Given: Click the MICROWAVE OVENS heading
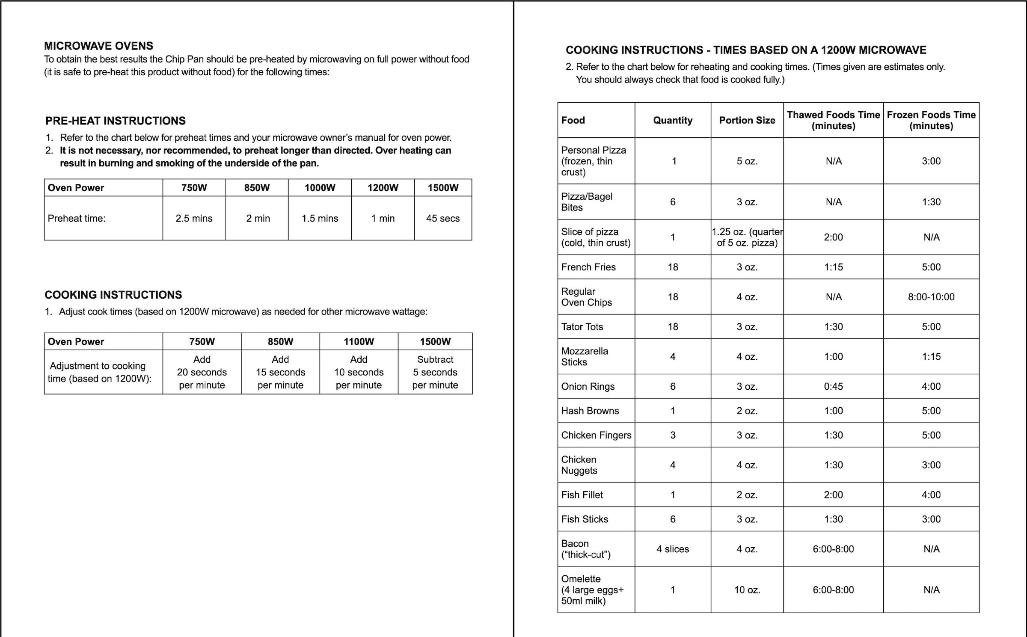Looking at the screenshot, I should coord(98,46).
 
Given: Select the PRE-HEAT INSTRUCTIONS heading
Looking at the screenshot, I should coord(116,121).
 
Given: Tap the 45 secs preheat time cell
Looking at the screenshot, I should coord(442,218).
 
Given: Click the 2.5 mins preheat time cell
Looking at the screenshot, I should coord(194,218).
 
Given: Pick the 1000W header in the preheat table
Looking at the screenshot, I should coord(320,187).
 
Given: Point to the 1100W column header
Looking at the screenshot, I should coord(359,341).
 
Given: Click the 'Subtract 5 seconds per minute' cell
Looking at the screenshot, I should coord(435,372).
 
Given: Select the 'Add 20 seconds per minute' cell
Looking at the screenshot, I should coord(202,372).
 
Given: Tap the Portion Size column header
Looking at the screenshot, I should coord(747,120).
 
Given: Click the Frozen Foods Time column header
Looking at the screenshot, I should coord(931,120).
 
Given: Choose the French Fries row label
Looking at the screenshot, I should coord(588,267).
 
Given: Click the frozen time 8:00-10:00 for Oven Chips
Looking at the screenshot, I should coord(931,297).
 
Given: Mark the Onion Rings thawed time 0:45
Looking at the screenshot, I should coord(833,386).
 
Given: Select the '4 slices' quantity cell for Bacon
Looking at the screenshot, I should coord(673,549).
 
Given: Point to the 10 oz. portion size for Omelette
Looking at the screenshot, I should coord(747,590).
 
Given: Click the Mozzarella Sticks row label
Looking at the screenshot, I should coord(585,356).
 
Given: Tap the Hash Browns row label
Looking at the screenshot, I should coord(590,411).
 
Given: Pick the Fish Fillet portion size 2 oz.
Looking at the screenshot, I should coord(747,495).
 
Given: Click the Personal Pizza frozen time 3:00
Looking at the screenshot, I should coord(931,161).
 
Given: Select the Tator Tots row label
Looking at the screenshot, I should coord(582,327).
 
